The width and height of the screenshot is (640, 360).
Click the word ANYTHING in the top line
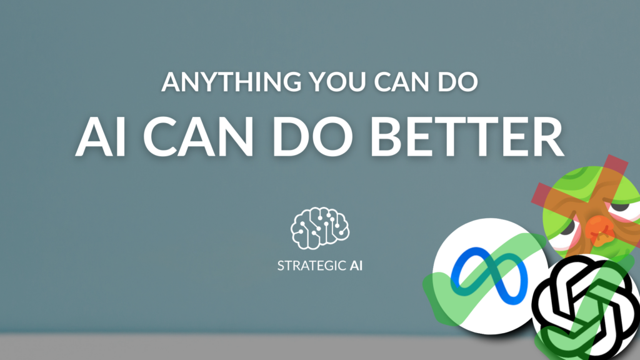click(231, 82)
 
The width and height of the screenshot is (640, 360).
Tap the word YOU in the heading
click(337, 82)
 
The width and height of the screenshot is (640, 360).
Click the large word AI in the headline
click(101, 137)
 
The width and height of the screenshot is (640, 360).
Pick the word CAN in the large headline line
click(198, 137)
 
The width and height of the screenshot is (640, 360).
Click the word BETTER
click(467, 137)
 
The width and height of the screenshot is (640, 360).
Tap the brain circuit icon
click(320, 228)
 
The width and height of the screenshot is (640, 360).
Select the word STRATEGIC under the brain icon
click(312, 266)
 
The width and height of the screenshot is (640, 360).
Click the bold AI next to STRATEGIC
click(356, 266)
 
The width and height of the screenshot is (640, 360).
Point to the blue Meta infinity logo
click(489, 276)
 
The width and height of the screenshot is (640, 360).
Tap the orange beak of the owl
click(599, 230)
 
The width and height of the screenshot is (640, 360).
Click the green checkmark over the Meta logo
click(482, 282)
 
